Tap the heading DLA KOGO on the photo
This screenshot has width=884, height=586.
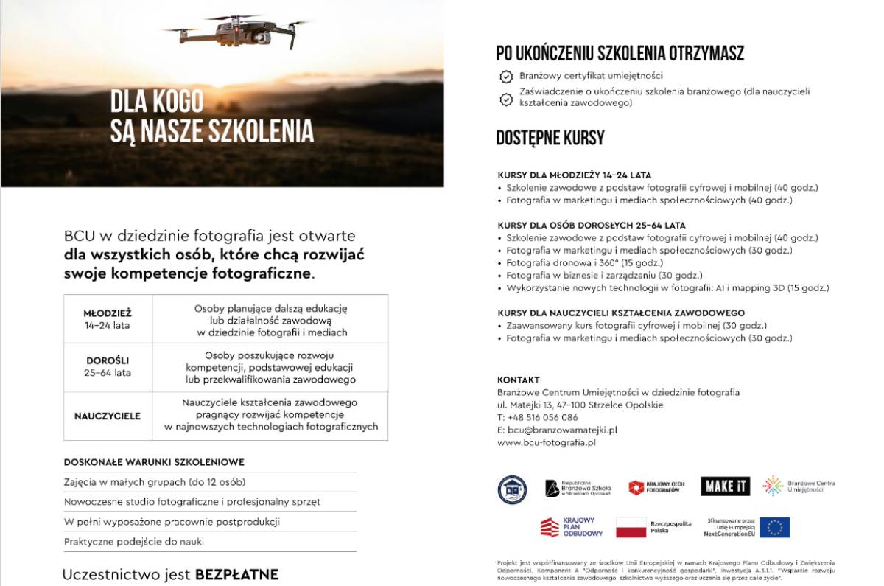click(157, 101)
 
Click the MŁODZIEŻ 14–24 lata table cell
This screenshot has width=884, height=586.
click(108, 318)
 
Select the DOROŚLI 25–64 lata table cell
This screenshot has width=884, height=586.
click(108, 366)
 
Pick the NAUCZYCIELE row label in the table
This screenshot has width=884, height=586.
click(108, 416)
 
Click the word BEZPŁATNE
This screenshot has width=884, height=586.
click(236, 574)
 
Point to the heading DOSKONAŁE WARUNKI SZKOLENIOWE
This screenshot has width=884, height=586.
click(154, 462)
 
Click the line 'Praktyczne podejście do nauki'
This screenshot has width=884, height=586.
click(134, 541)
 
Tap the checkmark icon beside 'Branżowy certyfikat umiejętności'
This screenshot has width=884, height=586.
click(506, 76)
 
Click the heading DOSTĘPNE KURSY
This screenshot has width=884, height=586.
click(550, 138)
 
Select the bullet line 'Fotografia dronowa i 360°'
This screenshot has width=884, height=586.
click(584, 262)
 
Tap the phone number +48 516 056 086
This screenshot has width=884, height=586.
click(543, 417)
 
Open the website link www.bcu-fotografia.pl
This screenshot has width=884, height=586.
click(546, 442)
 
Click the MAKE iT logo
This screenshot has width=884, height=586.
click(725, 486)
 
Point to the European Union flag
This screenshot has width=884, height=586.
click(775, 527)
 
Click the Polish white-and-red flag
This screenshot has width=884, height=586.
click(631, 527)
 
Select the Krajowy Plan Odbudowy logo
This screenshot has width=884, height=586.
click(572, 527)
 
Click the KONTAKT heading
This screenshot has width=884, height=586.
click(519, 380)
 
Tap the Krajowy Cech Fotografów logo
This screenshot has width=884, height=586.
click(656, 487)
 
